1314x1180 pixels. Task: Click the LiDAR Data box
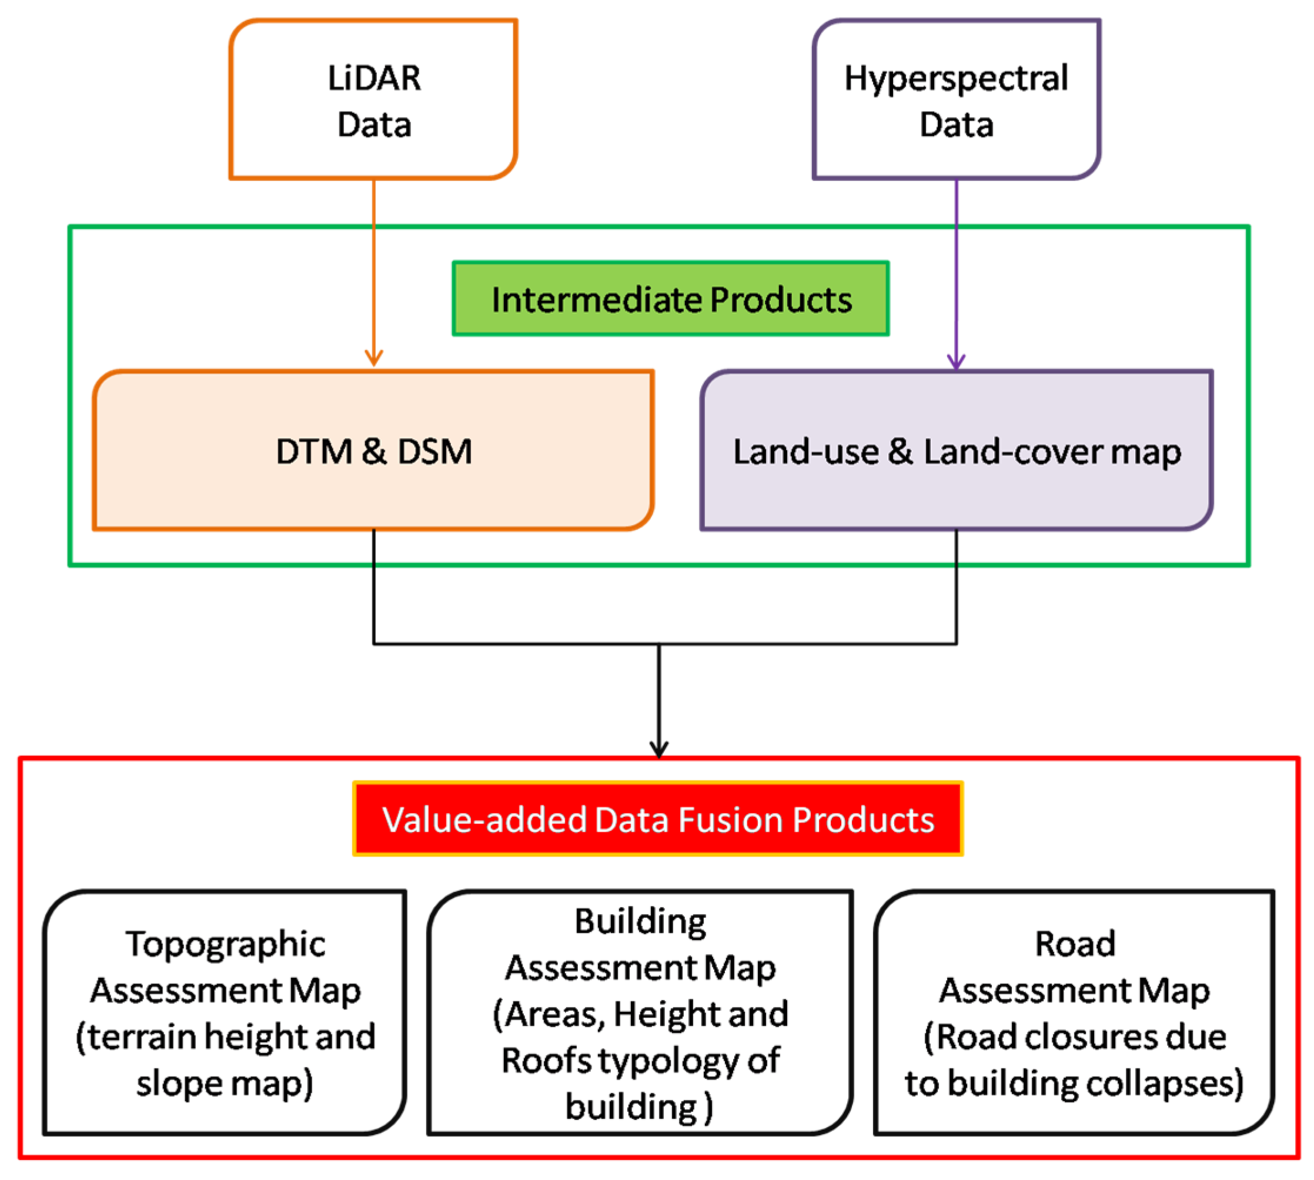pos(373,99)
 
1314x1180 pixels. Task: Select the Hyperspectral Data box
pos(956,99)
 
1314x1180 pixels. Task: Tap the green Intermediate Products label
pos(670,299)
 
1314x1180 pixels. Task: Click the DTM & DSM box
pos(373,451)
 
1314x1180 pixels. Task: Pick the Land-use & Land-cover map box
pos(956,451)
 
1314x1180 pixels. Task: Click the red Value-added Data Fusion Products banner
pos(657,819)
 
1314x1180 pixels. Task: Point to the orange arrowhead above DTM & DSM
pos(373,358)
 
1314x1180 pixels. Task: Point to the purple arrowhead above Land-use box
pos(956,362)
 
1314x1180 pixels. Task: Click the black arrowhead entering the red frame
pos(659,749)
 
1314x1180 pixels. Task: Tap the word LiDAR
pos(375,78)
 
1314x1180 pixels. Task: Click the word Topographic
pos(225,944)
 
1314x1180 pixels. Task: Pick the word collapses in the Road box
pos(1164,1084)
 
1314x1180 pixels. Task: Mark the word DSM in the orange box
pos(434,451)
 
